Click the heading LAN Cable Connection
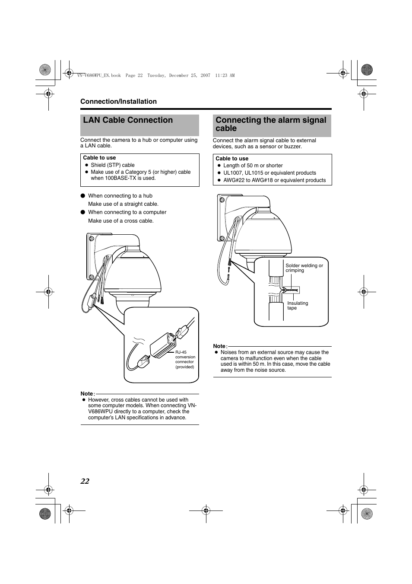[128, 120]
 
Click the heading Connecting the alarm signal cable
[271, 124]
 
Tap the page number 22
[85, 482]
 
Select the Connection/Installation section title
[118, 102]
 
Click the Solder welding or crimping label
[304, 268]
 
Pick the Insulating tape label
[298, 306]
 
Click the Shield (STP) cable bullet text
[112, 165]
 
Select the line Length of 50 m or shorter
[253, 166]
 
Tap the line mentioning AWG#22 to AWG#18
[274, 180]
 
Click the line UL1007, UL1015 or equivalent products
[269, 173]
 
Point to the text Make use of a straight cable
[123, 204]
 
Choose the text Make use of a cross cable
[120, 221]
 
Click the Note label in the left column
[87, 394]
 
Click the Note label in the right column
[219, 346]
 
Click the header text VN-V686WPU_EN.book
[99, 75]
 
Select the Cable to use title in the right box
[232, 159]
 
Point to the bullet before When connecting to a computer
[82, 212]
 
